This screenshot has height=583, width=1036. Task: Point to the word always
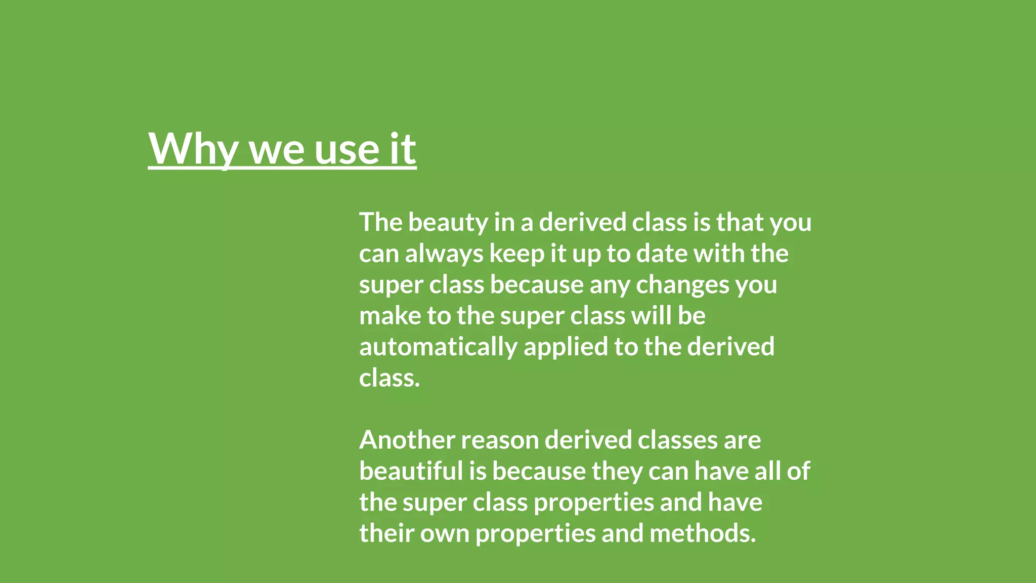444,254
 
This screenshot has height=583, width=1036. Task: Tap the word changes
682,285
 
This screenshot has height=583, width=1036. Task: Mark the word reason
499,440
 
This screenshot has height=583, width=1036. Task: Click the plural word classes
677,440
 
